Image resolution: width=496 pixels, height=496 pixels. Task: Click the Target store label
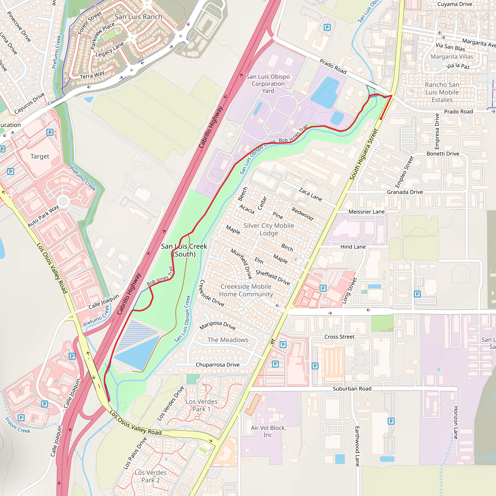pos(39,156)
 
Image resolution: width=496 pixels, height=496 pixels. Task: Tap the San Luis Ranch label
pos(138,17)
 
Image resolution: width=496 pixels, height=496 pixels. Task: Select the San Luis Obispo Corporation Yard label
pos(268,84)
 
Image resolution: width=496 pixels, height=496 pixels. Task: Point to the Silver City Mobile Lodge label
pos(269,229)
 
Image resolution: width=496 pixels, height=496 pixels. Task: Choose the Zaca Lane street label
pos(310,194)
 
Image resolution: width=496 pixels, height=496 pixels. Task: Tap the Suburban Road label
pos(352,389)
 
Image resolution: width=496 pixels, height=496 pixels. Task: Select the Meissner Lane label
pos(366,212)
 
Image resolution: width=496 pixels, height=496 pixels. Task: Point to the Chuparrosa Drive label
pos(217,364)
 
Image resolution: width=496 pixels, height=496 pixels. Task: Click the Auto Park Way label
pos(43,216)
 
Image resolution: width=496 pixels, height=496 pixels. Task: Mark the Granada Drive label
pos(405,192)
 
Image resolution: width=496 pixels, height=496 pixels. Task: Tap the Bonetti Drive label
pos(443,154)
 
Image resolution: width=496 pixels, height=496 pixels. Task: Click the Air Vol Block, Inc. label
pos(268,431)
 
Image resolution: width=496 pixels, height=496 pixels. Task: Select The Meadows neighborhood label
pos(228,340)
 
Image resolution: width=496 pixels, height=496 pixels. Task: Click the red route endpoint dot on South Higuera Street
pos(381,119)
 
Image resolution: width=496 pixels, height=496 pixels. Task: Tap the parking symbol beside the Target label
pos(50,132)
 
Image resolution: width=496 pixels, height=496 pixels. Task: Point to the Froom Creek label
pos(17,425)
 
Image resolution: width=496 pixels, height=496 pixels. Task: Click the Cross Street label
pos(339,337)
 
